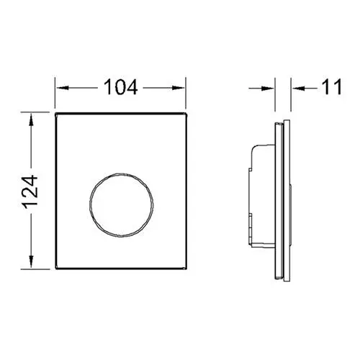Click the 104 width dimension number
[x=121, y=87]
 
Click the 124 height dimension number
[x=30, y=192]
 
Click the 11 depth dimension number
[x=332, y=87]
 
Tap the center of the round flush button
[x=122, y=205]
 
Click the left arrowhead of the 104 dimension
[x=63, y=88]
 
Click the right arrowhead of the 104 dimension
[x=179, y=88]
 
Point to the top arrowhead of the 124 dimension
[x=31, y=120]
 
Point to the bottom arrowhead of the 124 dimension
[x=31, y=262]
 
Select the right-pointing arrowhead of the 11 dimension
[x=268, y=89]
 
